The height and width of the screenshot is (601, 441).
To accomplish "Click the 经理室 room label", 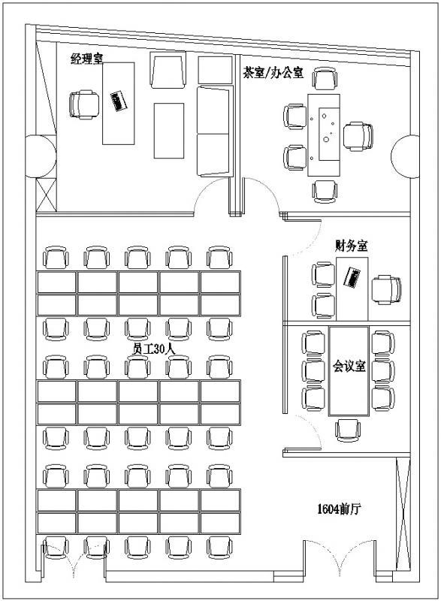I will pos(87,59).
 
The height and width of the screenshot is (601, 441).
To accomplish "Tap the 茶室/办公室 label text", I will pos(273,73).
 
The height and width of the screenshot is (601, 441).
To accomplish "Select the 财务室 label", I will pos(351,245).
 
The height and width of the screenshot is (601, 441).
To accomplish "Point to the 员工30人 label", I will pos(153,349).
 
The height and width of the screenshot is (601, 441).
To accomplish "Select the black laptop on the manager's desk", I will pos(117,101).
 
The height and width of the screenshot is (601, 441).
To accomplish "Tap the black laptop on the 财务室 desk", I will pos(353,277).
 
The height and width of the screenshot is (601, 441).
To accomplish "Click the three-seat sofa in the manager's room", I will pos(213,131).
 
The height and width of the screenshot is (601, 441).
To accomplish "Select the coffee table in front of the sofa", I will pos(169,131).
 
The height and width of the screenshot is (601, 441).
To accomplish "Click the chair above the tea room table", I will pos(325,78).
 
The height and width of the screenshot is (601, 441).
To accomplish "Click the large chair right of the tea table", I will pos(357,135).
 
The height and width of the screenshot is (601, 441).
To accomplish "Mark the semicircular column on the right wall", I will pos(405,156).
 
